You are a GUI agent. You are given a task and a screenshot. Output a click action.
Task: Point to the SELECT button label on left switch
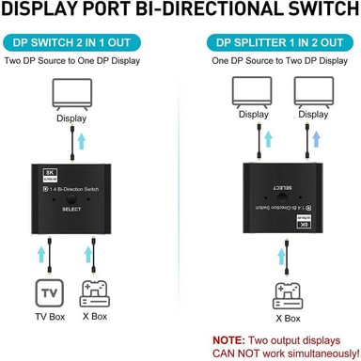pos(72,209)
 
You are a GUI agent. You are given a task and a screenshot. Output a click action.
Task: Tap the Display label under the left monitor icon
pos(71,118)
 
